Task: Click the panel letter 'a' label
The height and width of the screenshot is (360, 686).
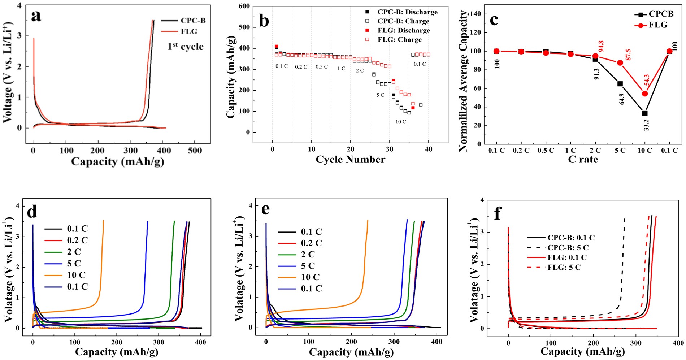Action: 36,16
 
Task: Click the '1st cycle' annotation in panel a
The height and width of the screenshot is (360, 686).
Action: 185,47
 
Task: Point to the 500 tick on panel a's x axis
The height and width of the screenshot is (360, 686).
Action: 195,150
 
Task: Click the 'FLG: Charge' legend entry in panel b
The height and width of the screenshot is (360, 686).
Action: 399,40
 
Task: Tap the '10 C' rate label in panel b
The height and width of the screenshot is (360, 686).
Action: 400,122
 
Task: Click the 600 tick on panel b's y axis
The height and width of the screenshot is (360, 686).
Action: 244,6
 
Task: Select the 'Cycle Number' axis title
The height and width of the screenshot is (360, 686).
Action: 350,159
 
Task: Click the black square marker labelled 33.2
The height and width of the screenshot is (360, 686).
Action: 645,113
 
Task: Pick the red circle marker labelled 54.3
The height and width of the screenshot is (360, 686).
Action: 645,94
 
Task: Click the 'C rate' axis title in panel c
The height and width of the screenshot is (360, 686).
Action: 583,159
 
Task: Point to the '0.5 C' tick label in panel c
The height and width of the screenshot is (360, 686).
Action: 546,150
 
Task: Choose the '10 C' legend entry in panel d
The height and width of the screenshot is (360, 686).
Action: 76,275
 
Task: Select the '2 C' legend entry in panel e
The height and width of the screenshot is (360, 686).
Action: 308,255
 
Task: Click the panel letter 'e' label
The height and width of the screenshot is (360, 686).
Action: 265,209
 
